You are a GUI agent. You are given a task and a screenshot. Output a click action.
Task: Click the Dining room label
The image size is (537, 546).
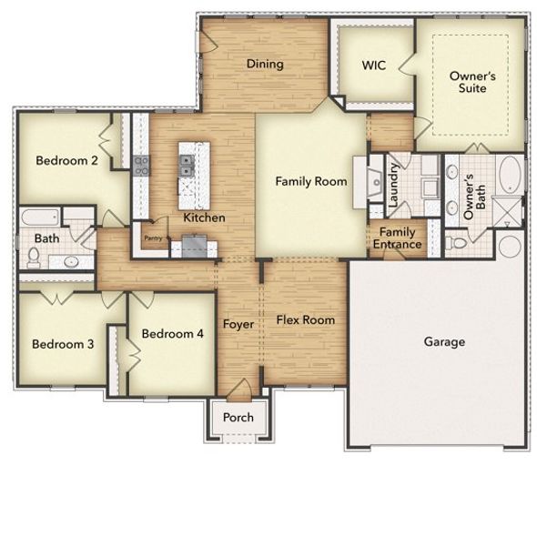265,65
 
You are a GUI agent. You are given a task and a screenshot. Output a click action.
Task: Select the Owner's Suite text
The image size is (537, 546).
472,82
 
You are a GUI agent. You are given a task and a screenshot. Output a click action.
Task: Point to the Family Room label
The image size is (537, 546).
311,182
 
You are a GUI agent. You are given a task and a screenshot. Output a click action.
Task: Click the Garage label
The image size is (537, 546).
444,342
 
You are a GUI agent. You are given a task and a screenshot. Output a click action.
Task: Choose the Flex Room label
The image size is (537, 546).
305,320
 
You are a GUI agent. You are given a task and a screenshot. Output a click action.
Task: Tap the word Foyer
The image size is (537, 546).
238,325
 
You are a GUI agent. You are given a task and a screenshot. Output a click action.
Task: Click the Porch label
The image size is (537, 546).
238,418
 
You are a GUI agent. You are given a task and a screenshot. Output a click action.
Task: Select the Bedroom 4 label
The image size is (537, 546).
173,334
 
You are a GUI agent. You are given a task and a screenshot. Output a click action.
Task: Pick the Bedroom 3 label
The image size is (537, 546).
62,344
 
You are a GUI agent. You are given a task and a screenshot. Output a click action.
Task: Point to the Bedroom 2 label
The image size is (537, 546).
66,161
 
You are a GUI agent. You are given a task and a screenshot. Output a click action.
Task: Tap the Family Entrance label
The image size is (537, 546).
400,238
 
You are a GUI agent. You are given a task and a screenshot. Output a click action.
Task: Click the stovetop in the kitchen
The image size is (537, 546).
142,166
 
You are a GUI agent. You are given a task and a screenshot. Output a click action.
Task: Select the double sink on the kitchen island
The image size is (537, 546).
187,165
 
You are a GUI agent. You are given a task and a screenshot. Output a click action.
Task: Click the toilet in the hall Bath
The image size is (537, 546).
34,258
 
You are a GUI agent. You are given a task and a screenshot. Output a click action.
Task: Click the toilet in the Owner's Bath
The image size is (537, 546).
458,243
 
